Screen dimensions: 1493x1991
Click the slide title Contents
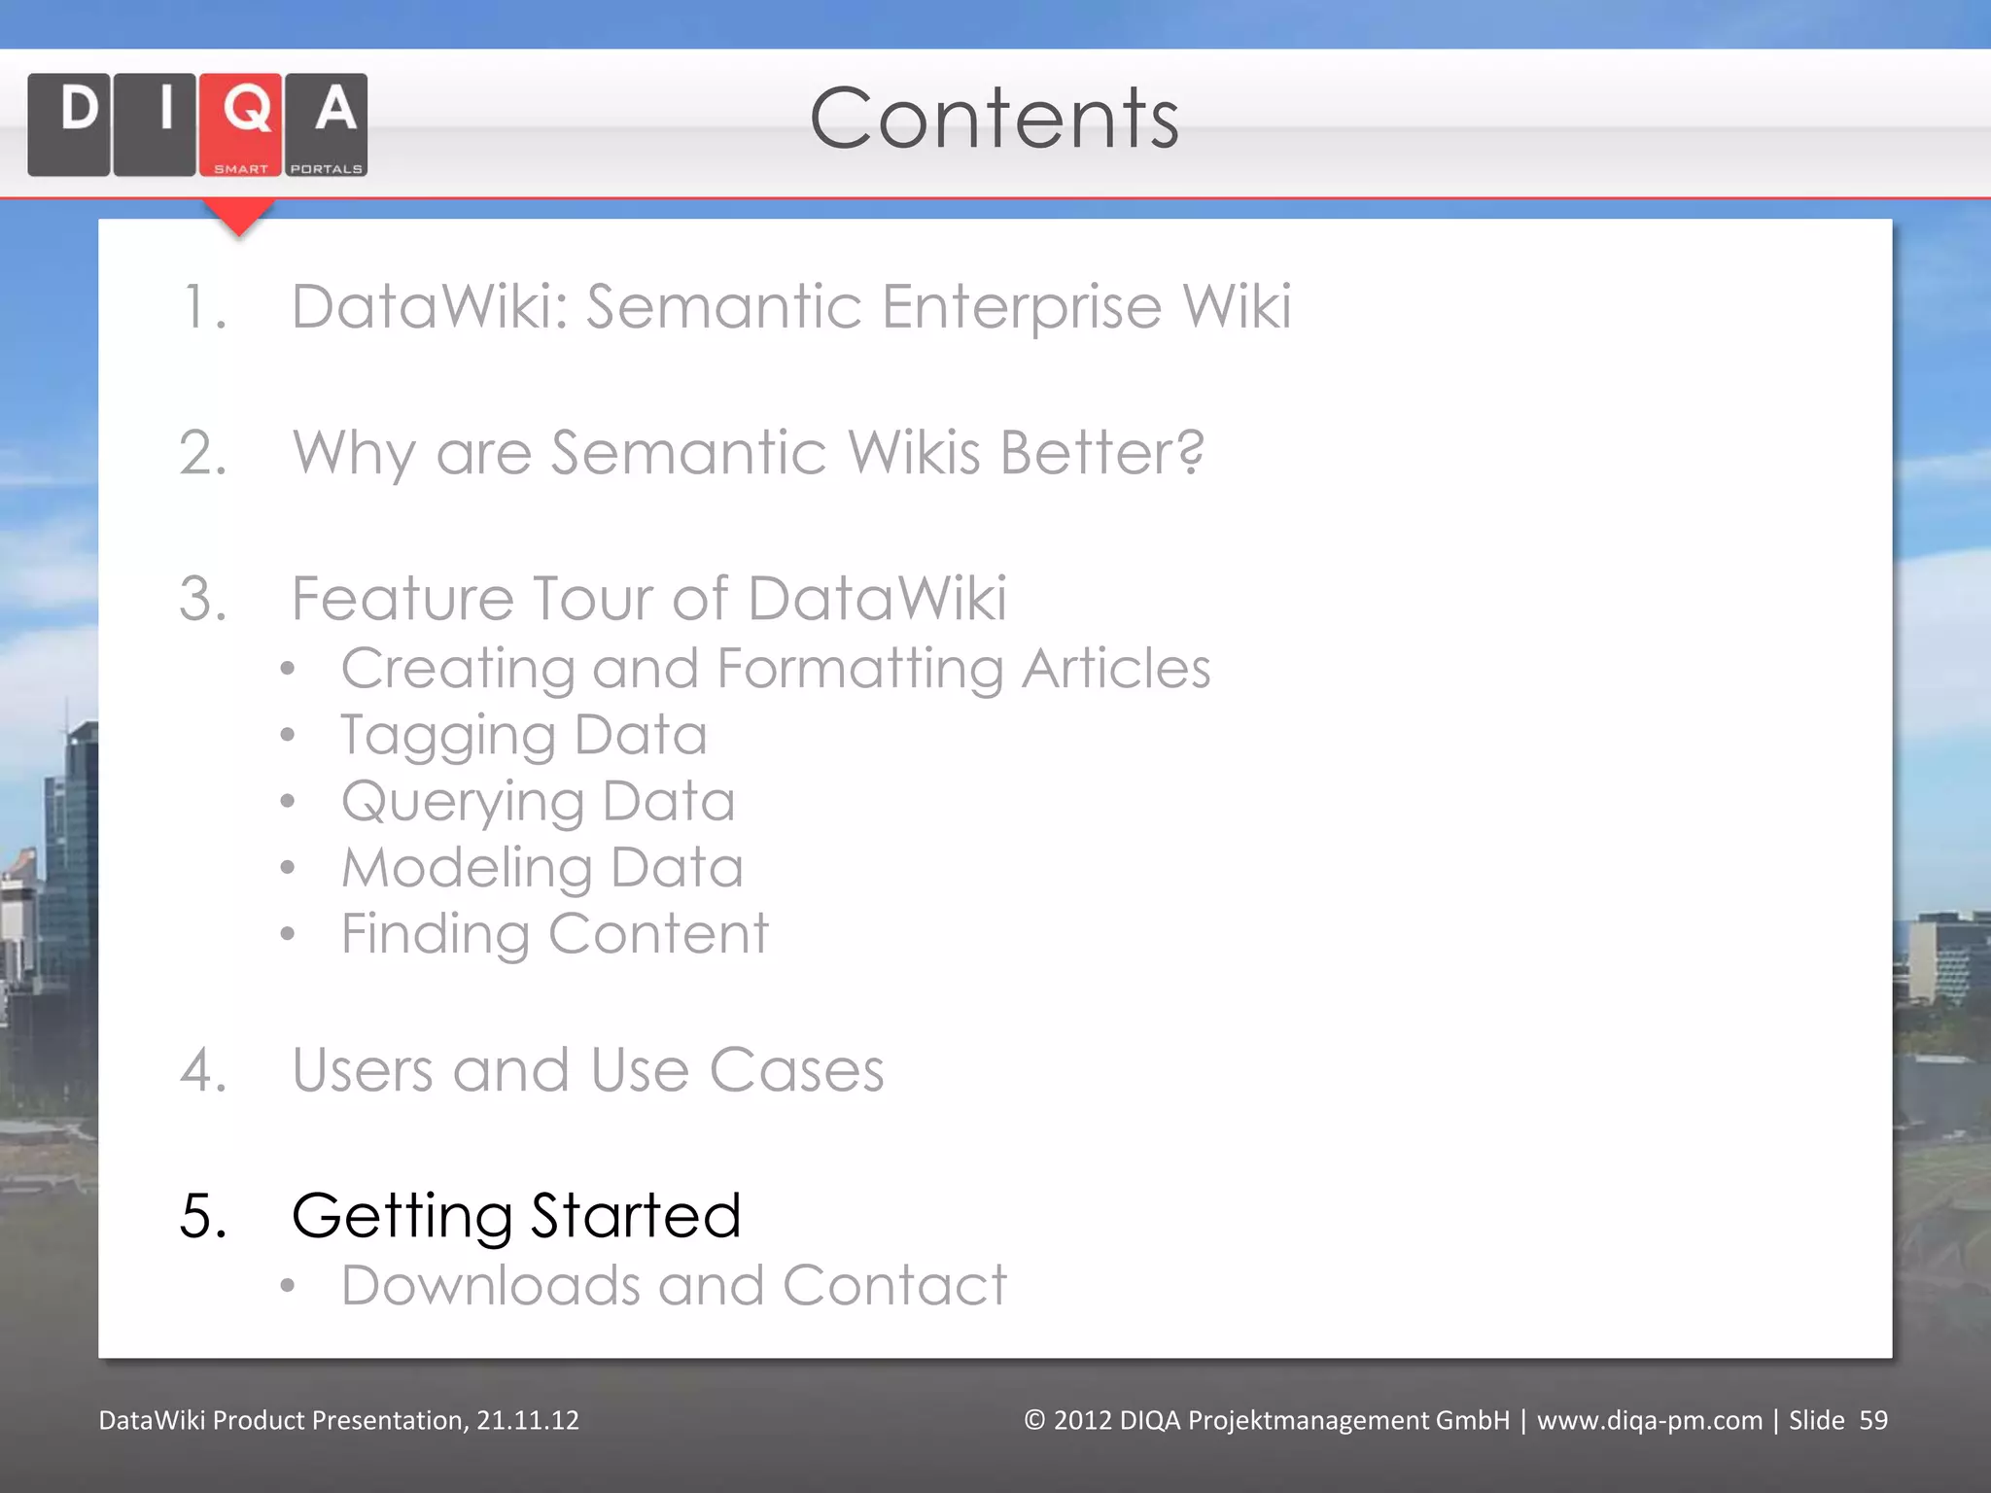tap(994, 119)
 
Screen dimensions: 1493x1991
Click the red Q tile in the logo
tap(241, 124)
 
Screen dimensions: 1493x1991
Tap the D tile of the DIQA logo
tap(69, 124)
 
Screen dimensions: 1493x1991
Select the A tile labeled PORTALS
tap(327, 124)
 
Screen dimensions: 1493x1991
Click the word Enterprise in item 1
tap(1021, 307)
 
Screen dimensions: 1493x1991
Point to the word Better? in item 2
tap(1102, 453)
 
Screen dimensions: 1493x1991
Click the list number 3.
tap(203, 599)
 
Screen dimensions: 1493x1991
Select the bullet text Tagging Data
tap(523, 735)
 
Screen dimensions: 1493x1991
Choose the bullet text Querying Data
tap(538, 802)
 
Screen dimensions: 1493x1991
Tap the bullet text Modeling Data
tap(541, 868)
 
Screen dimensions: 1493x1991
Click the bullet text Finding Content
tap(554, 934)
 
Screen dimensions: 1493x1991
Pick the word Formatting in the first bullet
tap(859, 670)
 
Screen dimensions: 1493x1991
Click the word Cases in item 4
tap(796, 1070)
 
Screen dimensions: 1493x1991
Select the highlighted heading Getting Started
tap(516, 1216)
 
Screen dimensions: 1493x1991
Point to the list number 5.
tap(203, 1216)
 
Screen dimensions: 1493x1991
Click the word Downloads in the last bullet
tap(491, 1286)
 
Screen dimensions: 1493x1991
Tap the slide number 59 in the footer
tap(1872, 1420)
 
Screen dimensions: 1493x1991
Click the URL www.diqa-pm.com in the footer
tap(1649, 1420)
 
